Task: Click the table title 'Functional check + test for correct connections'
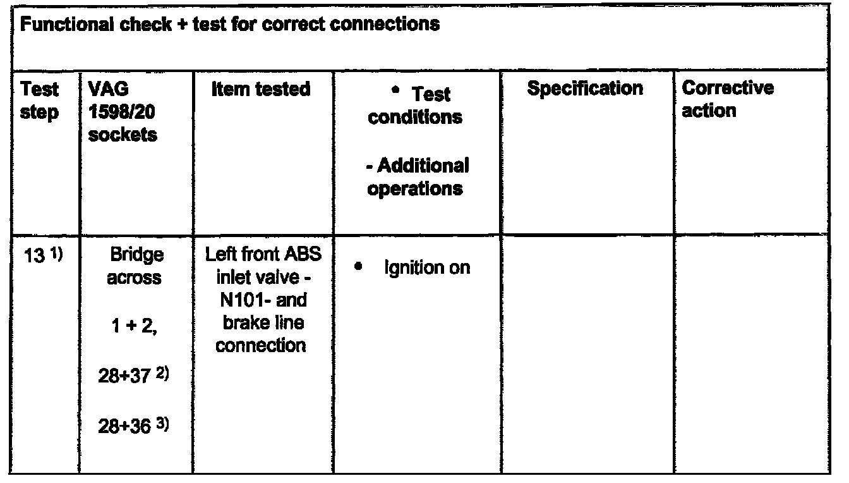230,25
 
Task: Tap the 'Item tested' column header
261,90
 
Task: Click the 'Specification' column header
585,88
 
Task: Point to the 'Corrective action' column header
728,99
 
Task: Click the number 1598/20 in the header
122,111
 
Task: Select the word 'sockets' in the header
123,135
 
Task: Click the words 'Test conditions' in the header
416,106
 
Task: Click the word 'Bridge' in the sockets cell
136,255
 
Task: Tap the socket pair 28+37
124,377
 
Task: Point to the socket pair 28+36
124,427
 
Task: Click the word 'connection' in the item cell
261,345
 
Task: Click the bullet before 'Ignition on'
358,267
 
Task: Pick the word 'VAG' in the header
101,88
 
